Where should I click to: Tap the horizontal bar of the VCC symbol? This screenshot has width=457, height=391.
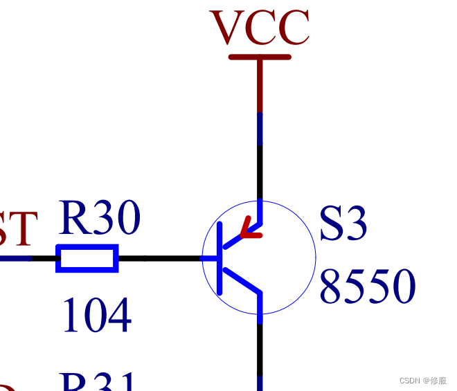(x=260, y=57)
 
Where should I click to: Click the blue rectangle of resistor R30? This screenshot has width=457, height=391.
(x=87, y=258)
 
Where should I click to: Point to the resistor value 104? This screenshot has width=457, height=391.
(x=96, y=316)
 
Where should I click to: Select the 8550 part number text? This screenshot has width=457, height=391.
(x=367, y=287)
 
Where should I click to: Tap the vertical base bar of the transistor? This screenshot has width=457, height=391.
(x=219, y=258)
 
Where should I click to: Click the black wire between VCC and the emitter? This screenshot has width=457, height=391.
(x=260, y=173)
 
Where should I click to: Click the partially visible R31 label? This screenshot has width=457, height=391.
(x=97, y=382)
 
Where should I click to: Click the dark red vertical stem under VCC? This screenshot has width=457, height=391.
(x=260, y=87)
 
